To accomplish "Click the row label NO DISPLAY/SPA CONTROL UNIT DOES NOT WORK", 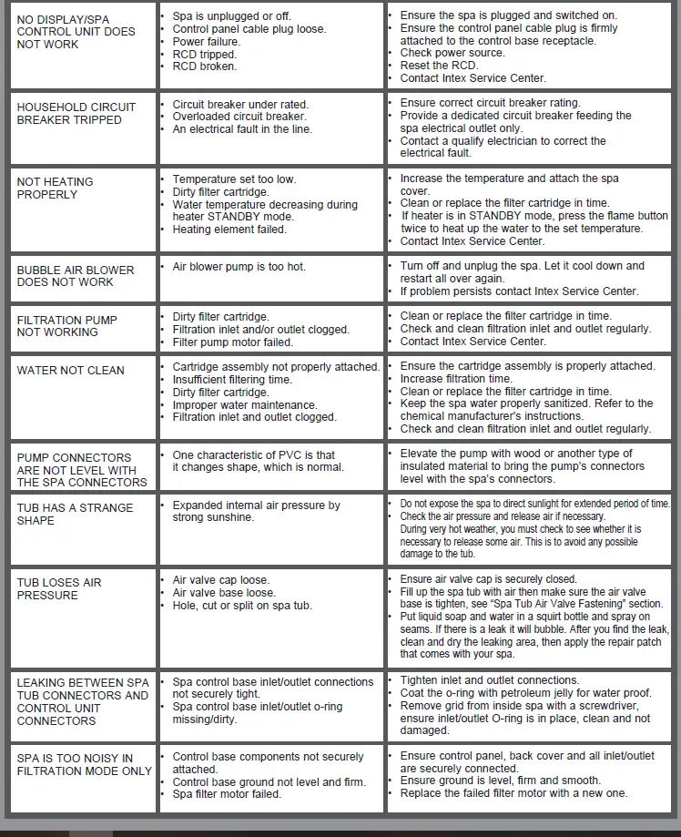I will pyautogui.click(x=76, y=31).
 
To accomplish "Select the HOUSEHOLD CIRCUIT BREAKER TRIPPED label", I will pyautogui.click(x=76, y=113).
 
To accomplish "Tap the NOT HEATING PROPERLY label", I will pyautogui.click(x=55, y=188).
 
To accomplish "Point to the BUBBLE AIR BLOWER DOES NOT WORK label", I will pyautogui.click(x=76, y=276).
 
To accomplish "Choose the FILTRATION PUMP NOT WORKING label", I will pyautogui.click(x=66, y=326).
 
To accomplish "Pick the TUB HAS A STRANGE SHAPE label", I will pyautogui.click(x=75, y=514).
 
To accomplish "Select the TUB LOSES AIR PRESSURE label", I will pyautogui.click(x=59, y=588).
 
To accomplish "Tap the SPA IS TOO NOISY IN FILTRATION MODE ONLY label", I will pyautogui.click(x=85, y=764).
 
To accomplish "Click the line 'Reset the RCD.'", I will pyautogui.click(x=439, y=66).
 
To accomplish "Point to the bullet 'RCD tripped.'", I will pyautogui.click(x=204, y=54).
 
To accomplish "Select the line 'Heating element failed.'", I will pyautogui.click(x=229, y=230).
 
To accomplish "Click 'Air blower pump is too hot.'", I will pyautogui.click(x=239, y=267).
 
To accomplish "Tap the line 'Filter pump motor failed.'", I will pyautogui.click(x=232, y=342).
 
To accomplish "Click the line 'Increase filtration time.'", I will pyautogui.click(x=456, y=378).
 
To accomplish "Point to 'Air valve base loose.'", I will pyautogui.click(x=223, y=593).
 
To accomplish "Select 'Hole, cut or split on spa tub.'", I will pyautogui.click(x=241, y=606).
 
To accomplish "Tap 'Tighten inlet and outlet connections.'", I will pyautogui.click(x=490, y=680).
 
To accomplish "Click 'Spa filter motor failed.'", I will pyautogui.click(x=226, y=794).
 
